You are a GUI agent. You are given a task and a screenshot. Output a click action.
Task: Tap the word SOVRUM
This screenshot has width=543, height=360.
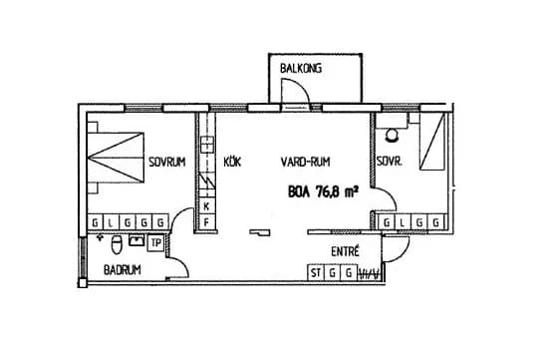(167, 162)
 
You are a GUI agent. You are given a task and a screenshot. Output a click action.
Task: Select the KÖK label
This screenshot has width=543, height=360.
(232, 162)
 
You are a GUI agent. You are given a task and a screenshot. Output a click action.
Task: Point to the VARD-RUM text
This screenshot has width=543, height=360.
(306, 162)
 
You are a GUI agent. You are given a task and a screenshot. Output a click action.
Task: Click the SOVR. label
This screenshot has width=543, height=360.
(390, 162)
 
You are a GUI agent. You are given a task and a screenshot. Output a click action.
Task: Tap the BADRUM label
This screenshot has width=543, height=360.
(123, 270)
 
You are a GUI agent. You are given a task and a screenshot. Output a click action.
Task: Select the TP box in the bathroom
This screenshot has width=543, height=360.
(155, 241)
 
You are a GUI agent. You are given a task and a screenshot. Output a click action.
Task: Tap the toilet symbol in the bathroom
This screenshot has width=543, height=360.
(118, 243)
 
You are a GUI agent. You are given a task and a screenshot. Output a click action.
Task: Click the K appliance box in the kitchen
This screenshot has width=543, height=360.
(206, 206)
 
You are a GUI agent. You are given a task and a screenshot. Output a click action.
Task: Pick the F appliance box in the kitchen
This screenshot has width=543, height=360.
(206, 221)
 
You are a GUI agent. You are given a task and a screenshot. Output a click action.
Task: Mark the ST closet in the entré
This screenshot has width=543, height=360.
(316, 271)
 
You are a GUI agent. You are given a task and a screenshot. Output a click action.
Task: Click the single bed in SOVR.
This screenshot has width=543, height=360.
(432, 149)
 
